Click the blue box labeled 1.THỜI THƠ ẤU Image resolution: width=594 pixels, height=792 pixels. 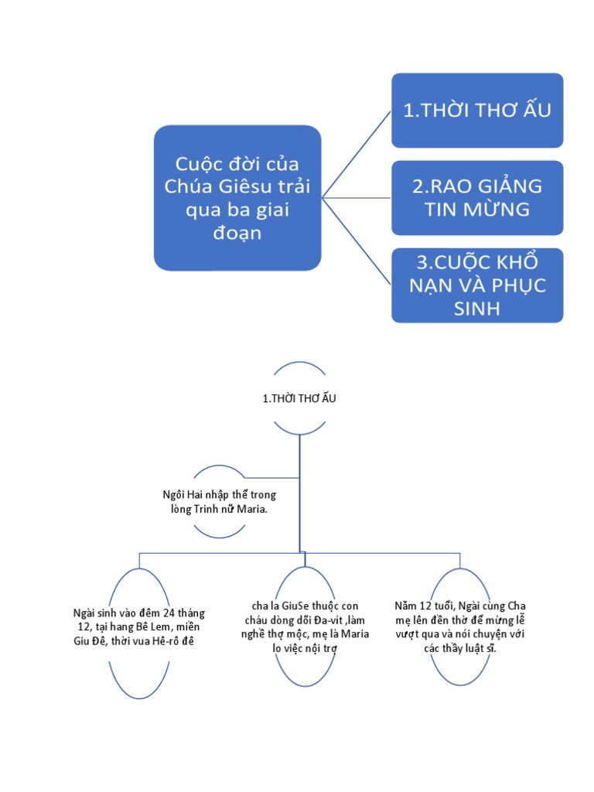[476, 110]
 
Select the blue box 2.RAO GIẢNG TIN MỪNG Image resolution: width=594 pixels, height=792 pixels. [476, 197]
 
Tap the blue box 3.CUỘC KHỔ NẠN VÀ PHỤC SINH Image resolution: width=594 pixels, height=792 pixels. [476, 285]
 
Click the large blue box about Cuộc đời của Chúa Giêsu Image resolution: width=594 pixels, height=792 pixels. [237, 198]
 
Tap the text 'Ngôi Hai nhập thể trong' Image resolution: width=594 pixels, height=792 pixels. [220, 493]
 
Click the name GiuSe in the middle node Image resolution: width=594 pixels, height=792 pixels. [299, 607]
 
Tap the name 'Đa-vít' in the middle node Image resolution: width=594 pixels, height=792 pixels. [329, 620]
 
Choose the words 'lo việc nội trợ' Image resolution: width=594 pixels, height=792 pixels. [306, 647]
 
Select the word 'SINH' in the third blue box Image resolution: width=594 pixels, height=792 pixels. [476, 308]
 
